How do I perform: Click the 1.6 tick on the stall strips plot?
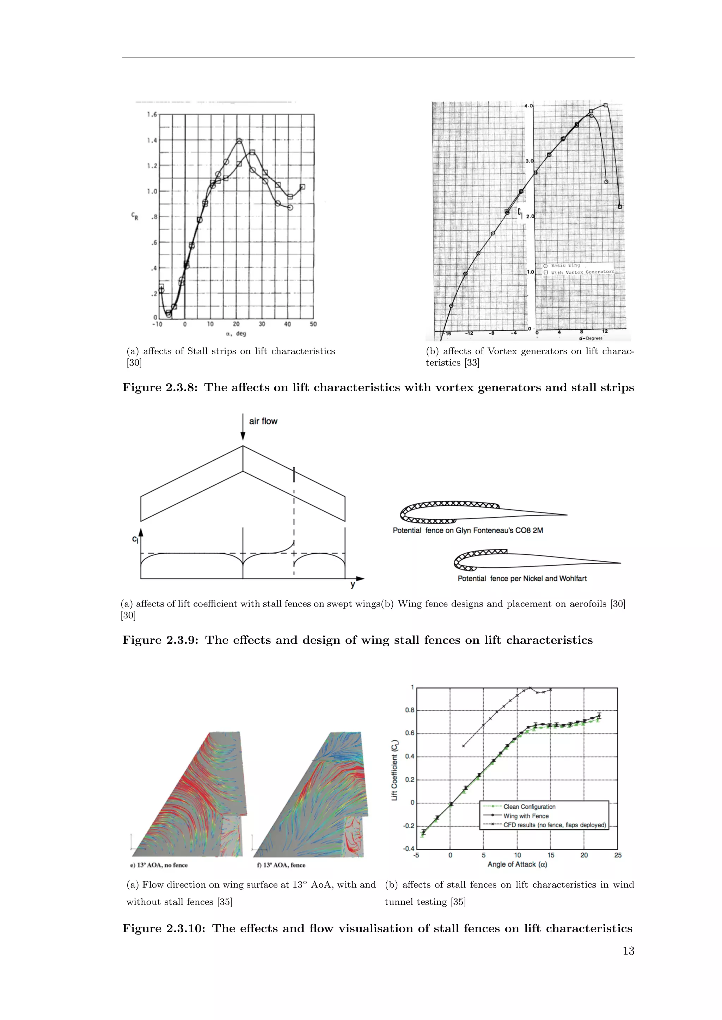(x=152, y=114)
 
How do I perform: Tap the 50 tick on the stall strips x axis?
(x=313, y=324)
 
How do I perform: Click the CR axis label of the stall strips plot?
(x=135, y=216)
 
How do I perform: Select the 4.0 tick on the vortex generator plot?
(x=528, y=106)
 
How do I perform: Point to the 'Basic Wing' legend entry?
(x=565, y=265)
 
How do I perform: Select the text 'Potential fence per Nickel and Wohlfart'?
(x=522, y=578)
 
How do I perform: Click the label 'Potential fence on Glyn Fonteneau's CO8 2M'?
(x=468, y=530)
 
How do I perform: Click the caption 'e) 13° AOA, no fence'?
(x=159, y=865)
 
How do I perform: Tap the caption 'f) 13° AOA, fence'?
(x=281, y=865)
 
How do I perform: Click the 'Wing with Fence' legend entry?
(x=526, y=816)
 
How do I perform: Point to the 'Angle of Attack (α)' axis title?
(x=517, y=864)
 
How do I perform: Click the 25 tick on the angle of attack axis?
(x=618, y=855)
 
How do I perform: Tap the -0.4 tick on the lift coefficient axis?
(x=409, y=848)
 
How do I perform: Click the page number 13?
(x=628, y=951)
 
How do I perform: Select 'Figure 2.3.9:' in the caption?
(x=160, y=640)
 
